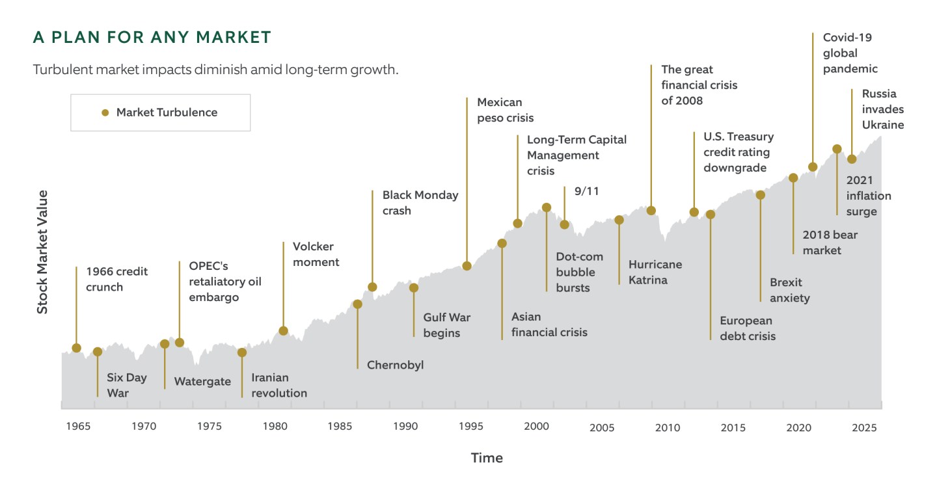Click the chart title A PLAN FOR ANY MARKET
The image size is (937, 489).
pyautogui.click(x=152, y=38)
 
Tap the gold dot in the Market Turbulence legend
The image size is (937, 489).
pyautogui.click(x=105, y=112)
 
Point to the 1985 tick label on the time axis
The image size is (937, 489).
pyautogui.click(x=340, y=427)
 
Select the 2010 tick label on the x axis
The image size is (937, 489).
pyautogui.click(x=668, y=427)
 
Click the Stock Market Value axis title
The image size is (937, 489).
pyautogui.click(x=42, y=252)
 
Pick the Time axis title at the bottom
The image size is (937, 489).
pyautogui.click(x=487, y=458)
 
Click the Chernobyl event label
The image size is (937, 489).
pyautogui.click(x=395, y=365)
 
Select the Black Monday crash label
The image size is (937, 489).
pyautogui.click(x=420, y=203)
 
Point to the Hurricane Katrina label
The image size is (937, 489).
pyautogui.click(x=655, y=272)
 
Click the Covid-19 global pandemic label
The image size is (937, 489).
pyautogui.click(x=850, y=53)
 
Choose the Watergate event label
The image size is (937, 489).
pyautogui.click(x=202, y=382)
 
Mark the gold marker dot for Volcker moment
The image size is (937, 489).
pyautogui.click(x=284, y=330)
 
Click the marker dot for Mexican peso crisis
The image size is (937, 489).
pyautogui.click(x=467, y=265)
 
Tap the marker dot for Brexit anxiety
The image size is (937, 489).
pyautogui.click(x=760, y=195)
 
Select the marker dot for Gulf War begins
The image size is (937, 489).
pyautogui.click(x=414, y=287)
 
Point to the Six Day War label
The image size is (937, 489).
pyautogui.click(x=127, y=385)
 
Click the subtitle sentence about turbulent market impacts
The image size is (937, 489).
pyautogui.click(x=215, y=70)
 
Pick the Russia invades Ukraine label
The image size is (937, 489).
pyautogui.click(x=882, y=109)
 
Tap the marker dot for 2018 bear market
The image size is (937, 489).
pyautogui.click(x=793, y=178)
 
